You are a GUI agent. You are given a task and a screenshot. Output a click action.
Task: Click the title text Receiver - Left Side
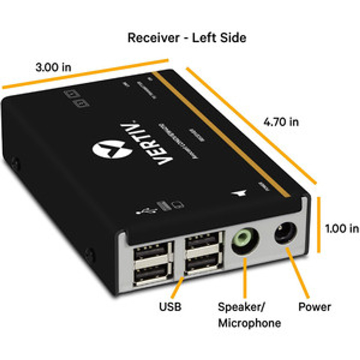[187, 38]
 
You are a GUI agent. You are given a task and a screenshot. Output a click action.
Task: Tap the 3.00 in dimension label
[53, 67]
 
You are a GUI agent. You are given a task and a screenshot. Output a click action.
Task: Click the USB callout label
[170, 307]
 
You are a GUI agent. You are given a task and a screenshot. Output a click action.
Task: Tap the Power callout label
[314, 307]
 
